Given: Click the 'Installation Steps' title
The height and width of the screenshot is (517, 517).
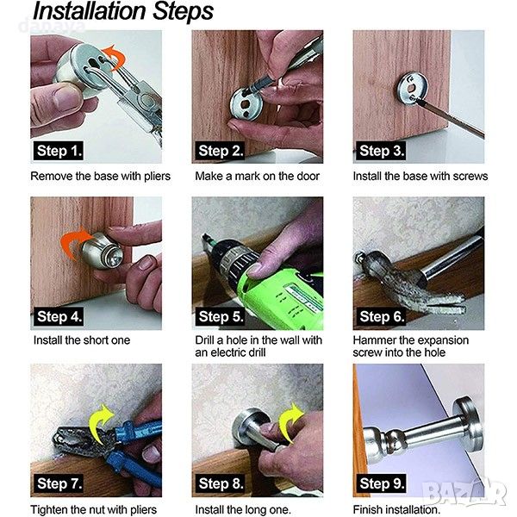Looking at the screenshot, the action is pyautogui.click(x=123, y=11).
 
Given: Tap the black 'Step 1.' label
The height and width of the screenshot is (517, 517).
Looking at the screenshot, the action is pyautogui.click(x=59, y=151).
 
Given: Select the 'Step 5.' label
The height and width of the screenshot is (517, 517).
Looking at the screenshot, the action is pyautogui.click(x=220, y=316).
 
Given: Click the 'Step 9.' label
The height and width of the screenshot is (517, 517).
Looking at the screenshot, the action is pyautogui.click(x=381, y=483).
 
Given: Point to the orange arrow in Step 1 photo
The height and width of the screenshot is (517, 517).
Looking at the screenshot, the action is pyautogui.click(x=115, y=57).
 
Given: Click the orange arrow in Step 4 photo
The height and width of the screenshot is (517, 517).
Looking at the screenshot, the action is pyautogui.click(x=74, y=242).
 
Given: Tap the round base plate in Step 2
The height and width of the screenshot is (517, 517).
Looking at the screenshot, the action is pyautogui.click(x=246, y=104).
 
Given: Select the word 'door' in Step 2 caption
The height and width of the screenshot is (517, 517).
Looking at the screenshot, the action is pyautogui.click(x=308, y=176).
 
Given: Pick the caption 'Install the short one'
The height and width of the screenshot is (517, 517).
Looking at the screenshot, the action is pyautogui.click(x=82, y=340).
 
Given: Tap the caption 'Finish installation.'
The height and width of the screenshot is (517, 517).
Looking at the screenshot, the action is pyautogui.click(x=396, y=509).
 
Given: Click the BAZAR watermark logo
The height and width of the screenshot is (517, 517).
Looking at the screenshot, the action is pyautogui.click(x=464, y=492).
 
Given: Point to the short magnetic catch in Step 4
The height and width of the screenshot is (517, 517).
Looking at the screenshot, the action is pyautogui.click(x=103, y=250).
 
